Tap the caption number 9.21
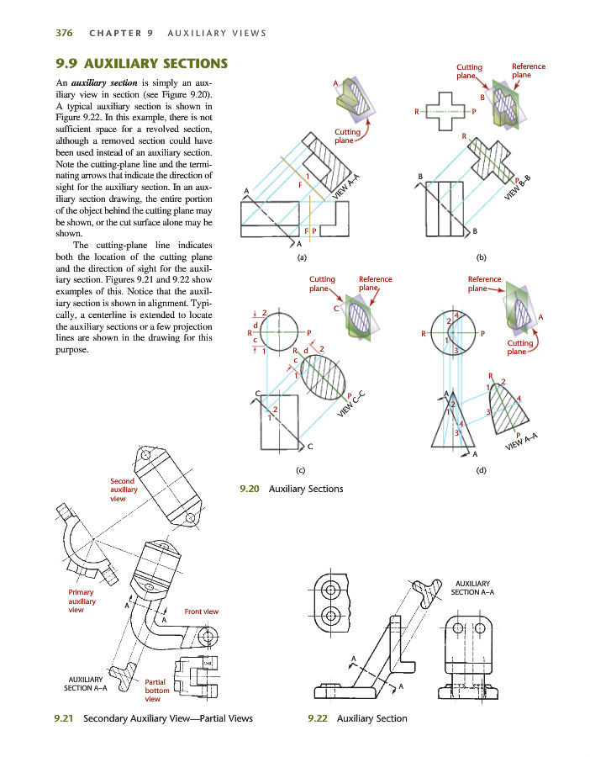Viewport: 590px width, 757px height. [61, 718]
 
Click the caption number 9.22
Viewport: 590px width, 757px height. [318, 718]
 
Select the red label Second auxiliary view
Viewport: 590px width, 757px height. [123, 490]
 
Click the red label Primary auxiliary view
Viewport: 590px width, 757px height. [82, 601]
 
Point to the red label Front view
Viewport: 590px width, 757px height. [201, 611]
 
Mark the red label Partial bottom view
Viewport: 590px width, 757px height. [157, 691]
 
